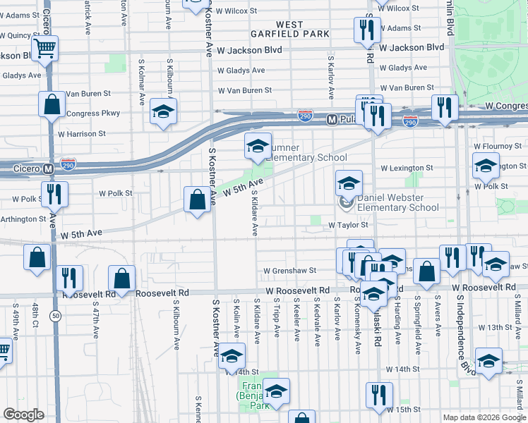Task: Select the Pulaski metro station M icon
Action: pyautogui.click(x=332, y=121)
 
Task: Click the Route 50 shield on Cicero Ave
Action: pyautogui.click(x=54, y=316)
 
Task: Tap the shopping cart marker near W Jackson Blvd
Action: pyautogui.click(x=44, y=49)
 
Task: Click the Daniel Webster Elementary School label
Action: pyautogui.click(x=397, y=203)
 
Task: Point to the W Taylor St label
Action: pyautogui.click(x=348, y=224)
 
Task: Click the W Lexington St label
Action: pyautogui.click(x=405, y=168)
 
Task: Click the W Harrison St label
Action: pyautogui.click(x=81, y=133)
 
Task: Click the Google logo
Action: pyautogui.click(x=24, y=415)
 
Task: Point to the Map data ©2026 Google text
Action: pyautogui.click(x=484, y=417)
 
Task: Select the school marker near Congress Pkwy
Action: pyautogui.click(x=163, y=111)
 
